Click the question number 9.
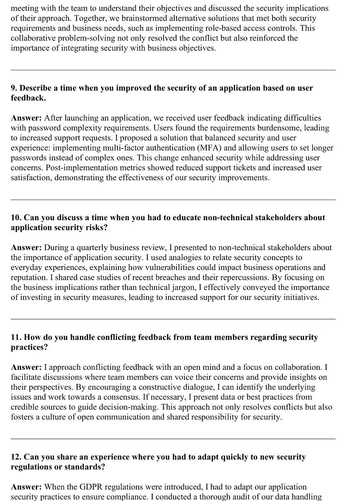coord(14,88)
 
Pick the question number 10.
coord(16,218)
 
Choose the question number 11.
coord(16,338)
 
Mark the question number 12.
coord(16,457)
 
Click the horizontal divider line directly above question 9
coord(173,70)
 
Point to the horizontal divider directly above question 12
coord(173,439)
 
